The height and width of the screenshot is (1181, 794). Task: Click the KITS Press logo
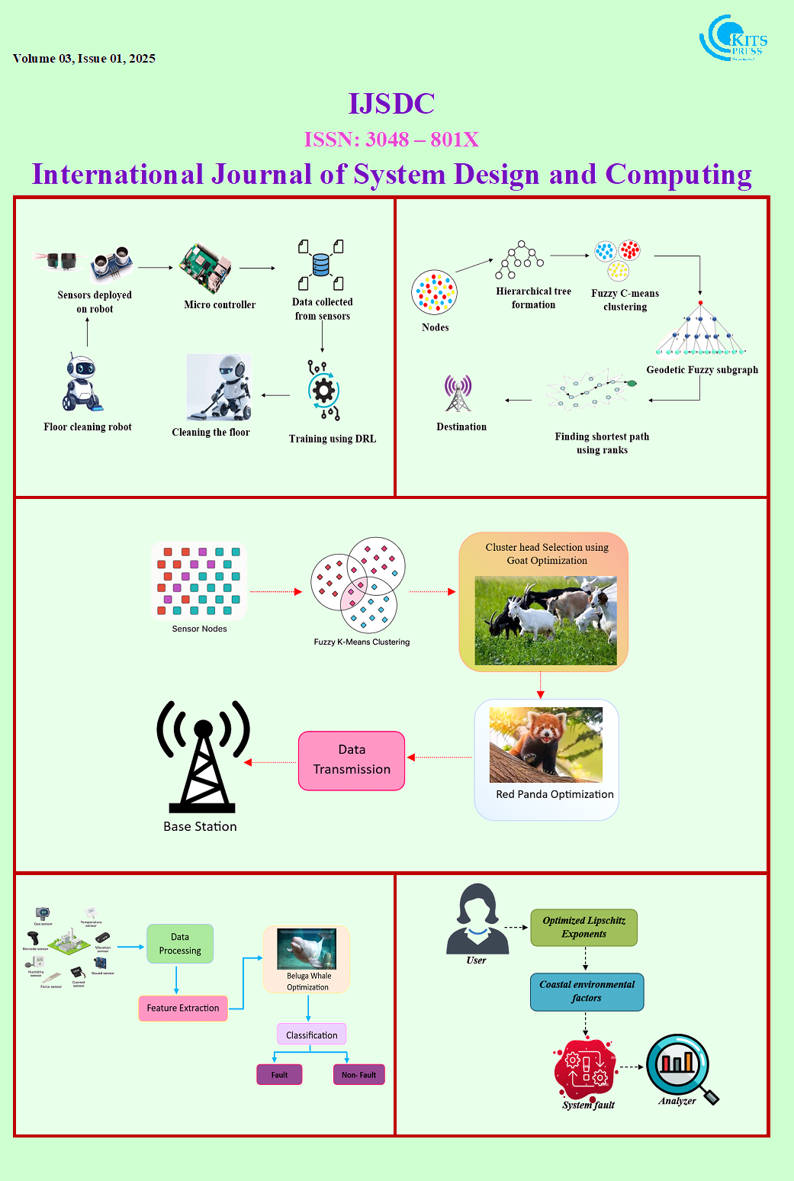[732, 38]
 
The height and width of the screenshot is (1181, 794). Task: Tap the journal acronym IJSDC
[391, 104]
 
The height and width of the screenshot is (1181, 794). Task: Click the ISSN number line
[391, 140]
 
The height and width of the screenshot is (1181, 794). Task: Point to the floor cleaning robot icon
[82, 383]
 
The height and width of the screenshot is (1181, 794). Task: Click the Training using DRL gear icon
[323, 391]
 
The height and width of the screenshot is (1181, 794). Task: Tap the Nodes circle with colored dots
[434, 293]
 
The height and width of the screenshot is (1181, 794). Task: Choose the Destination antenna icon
[458, 393]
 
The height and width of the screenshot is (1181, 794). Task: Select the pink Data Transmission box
[352, 761]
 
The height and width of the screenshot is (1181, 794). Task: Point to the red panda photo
[546, 745]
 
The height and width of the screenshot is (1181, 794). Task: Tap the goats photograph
[545, 620]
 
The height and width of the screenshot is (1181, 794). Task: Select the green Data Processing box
[180, 944]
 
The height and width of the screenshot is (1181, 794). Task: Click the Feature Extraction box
[183, 1008]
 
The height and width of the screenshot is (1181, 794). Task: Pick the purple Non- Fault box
[358, 1075]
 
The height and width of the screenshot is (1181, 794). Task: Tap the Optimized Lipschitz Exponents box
[584, 927]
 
